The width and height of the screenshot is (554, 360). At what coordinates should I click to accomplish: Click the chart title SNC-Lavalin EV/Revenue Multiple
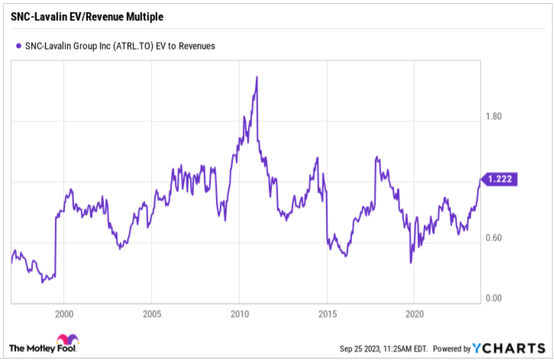pyautogui.click(x=87, y=17)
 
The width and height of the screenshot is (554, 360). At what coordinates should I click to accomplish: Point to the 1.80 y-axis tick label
pyautogui.click(x=493, y=116)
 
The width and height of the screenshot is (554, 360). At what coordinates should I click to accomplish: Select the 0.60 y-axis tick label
pyautogui.click(x=493, y=238)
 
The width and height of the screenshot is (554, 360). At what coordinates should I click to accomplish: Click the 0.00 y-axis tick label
pyautogui.click(x=493, y=298)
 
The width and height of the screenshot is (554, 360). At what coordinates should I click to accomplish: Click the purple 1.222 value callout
pyautogui.click(x=501, y=179)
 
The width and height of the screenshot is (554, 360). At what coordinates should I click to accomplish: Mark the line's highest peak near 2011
pyautogui.click(x=257, y=77)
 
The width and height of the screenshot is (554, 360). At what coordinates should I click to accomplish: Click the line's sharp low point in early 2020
pyautogui.click(x=410, y=263)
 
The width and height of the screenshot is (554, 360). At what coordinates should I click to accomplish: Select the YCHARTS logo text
pyautogui.click(x=509, y=348)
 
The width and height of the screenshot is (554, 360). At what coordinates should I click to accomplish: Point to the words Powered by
pyautogui.click(x=451, y=349)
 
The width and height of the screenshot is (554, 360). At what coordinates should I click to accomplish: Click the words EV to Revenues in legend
pyautogui.click(x=189, y=46)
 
